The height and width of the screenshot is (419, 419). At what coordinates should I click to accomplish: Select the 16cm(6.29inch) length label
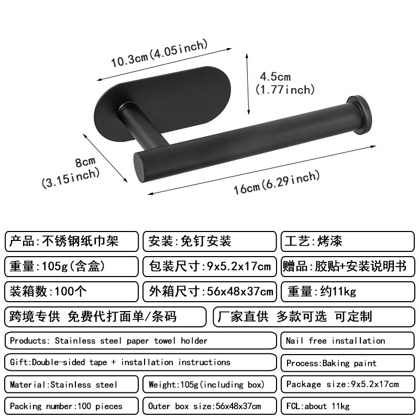pyautogui.click(x=276, y=182)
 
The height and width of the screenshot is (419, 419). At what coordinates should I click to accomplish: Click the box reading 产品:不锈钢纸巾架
pyautogui.click(x=72, y=241)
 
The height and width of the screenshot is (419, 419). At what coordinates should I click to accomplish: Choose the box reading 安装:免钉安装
pyautogui.click(x=209, y=241)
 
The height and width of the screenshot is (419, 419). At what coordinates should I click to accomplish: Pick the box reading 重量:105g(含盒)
pyautogui.click(x=72, y=266)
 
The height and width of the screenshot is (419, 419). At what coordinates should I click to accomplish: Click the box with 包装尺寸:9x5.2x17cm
pyautogui.click(x=209, y=266)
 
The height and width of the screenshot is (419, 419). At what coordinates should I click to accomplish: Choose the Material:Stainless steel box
pyautogui.click(x=72, y=384)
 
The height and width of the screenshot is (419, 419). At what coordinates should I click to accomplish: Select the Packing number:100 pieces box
pyautogui.click(x=72, y=406)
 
